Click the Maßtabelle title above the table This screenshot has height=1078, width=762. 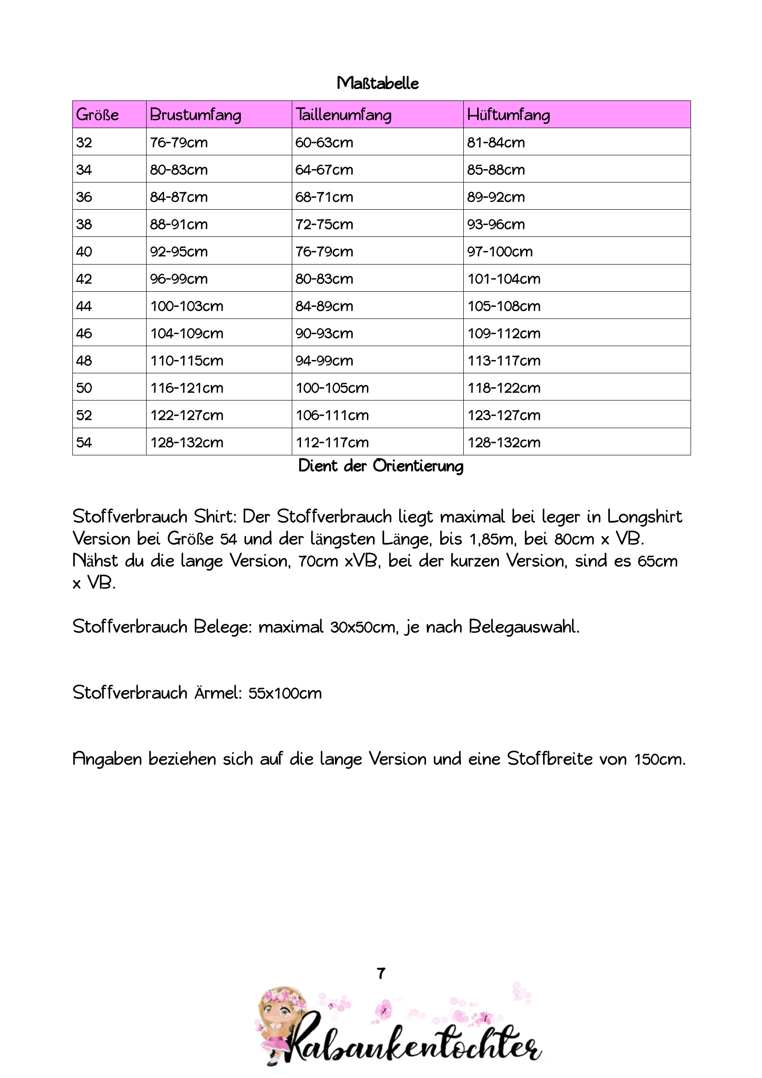click(378, 83)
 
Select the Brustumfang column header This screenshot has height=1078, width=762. click(195, 115)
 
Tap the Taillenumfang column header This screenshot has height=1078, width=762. click(343, 115)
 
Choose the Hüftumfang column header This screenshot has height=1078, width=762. click(508, 115)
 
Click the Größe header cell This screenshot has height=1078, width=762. click(98, 115)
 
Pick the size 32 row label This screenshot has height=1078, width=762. click(84, 142)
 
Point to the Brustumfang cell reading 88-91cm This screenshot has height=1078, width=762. click(178, 224)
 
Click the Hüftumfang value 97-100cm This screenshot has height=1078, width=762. click(500, 252)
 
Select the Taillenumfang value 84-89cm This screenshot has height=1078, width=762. click(324, 306)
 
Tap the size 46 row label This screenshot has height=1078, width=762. click(84, 333)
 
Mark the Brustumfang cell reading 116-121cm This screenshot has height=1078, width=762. click(186, 388)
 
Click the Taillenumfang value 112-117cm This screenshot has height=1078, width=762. click(332, 442)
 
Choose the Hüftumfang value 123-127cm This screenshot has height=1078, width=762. click(504, 415)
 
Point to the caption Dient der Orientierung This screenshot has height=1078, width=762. click(381, 466)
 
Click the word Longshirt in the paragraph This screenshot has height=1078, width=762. click(644, 517)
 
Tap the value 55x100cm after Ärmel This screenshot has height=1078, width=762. click(285, 694)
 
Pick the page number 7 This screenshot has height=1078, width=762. click(381, 973)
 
